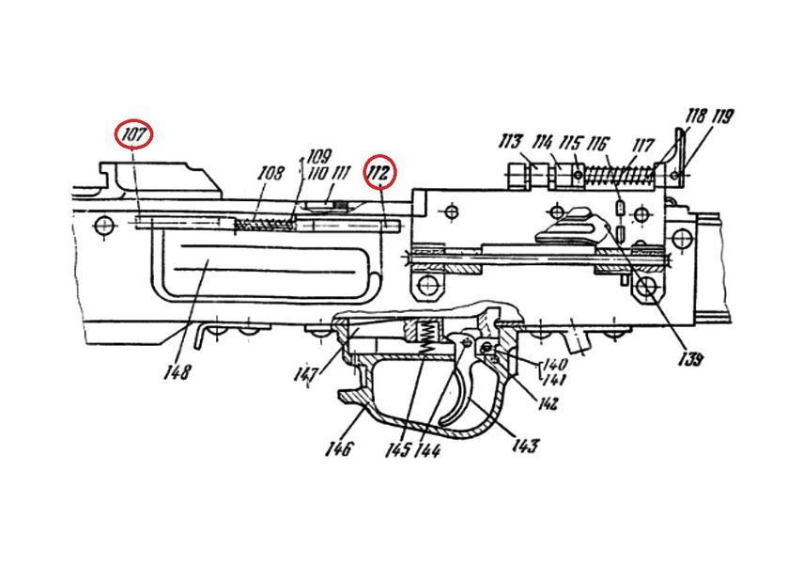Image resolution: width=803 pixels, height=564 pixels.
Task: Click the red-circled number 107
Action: [x=134, y=134]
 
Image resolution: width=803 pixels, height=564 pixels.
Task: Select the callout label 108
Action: [x=270, y=173]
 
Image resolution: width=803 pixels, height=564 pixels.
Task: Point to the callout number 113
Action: [x=512, y=142]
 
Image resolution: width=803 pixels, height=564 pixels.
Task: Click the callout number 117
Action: [x=642, y=146]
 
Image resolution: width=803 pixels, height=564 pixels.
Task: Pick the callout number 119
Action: [x=722, y=117]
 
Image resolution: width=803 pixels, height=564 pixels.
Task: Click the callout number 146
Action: [x=339, y=448]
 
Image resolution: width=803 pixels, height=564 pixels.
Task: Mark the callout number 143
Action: [x=526, y=445]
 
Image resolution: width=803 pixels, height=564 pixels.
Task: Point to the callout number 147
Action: [x=307, y=375]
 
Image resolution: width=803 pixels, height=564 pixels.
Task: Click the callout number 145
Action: [x=398, y=450]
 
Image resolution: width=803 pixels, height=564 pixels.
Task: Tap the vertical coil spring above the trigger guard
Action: [x=426, y=337]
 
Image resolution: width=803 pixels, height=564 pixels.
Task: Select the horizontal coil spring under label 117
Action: [x=620, y=176]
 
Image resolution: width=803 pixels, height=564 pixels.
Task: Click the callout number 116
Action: [x=596, y=144]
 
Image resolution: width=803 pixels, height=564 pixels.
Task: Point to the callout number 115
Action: [x=571, y=143]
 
